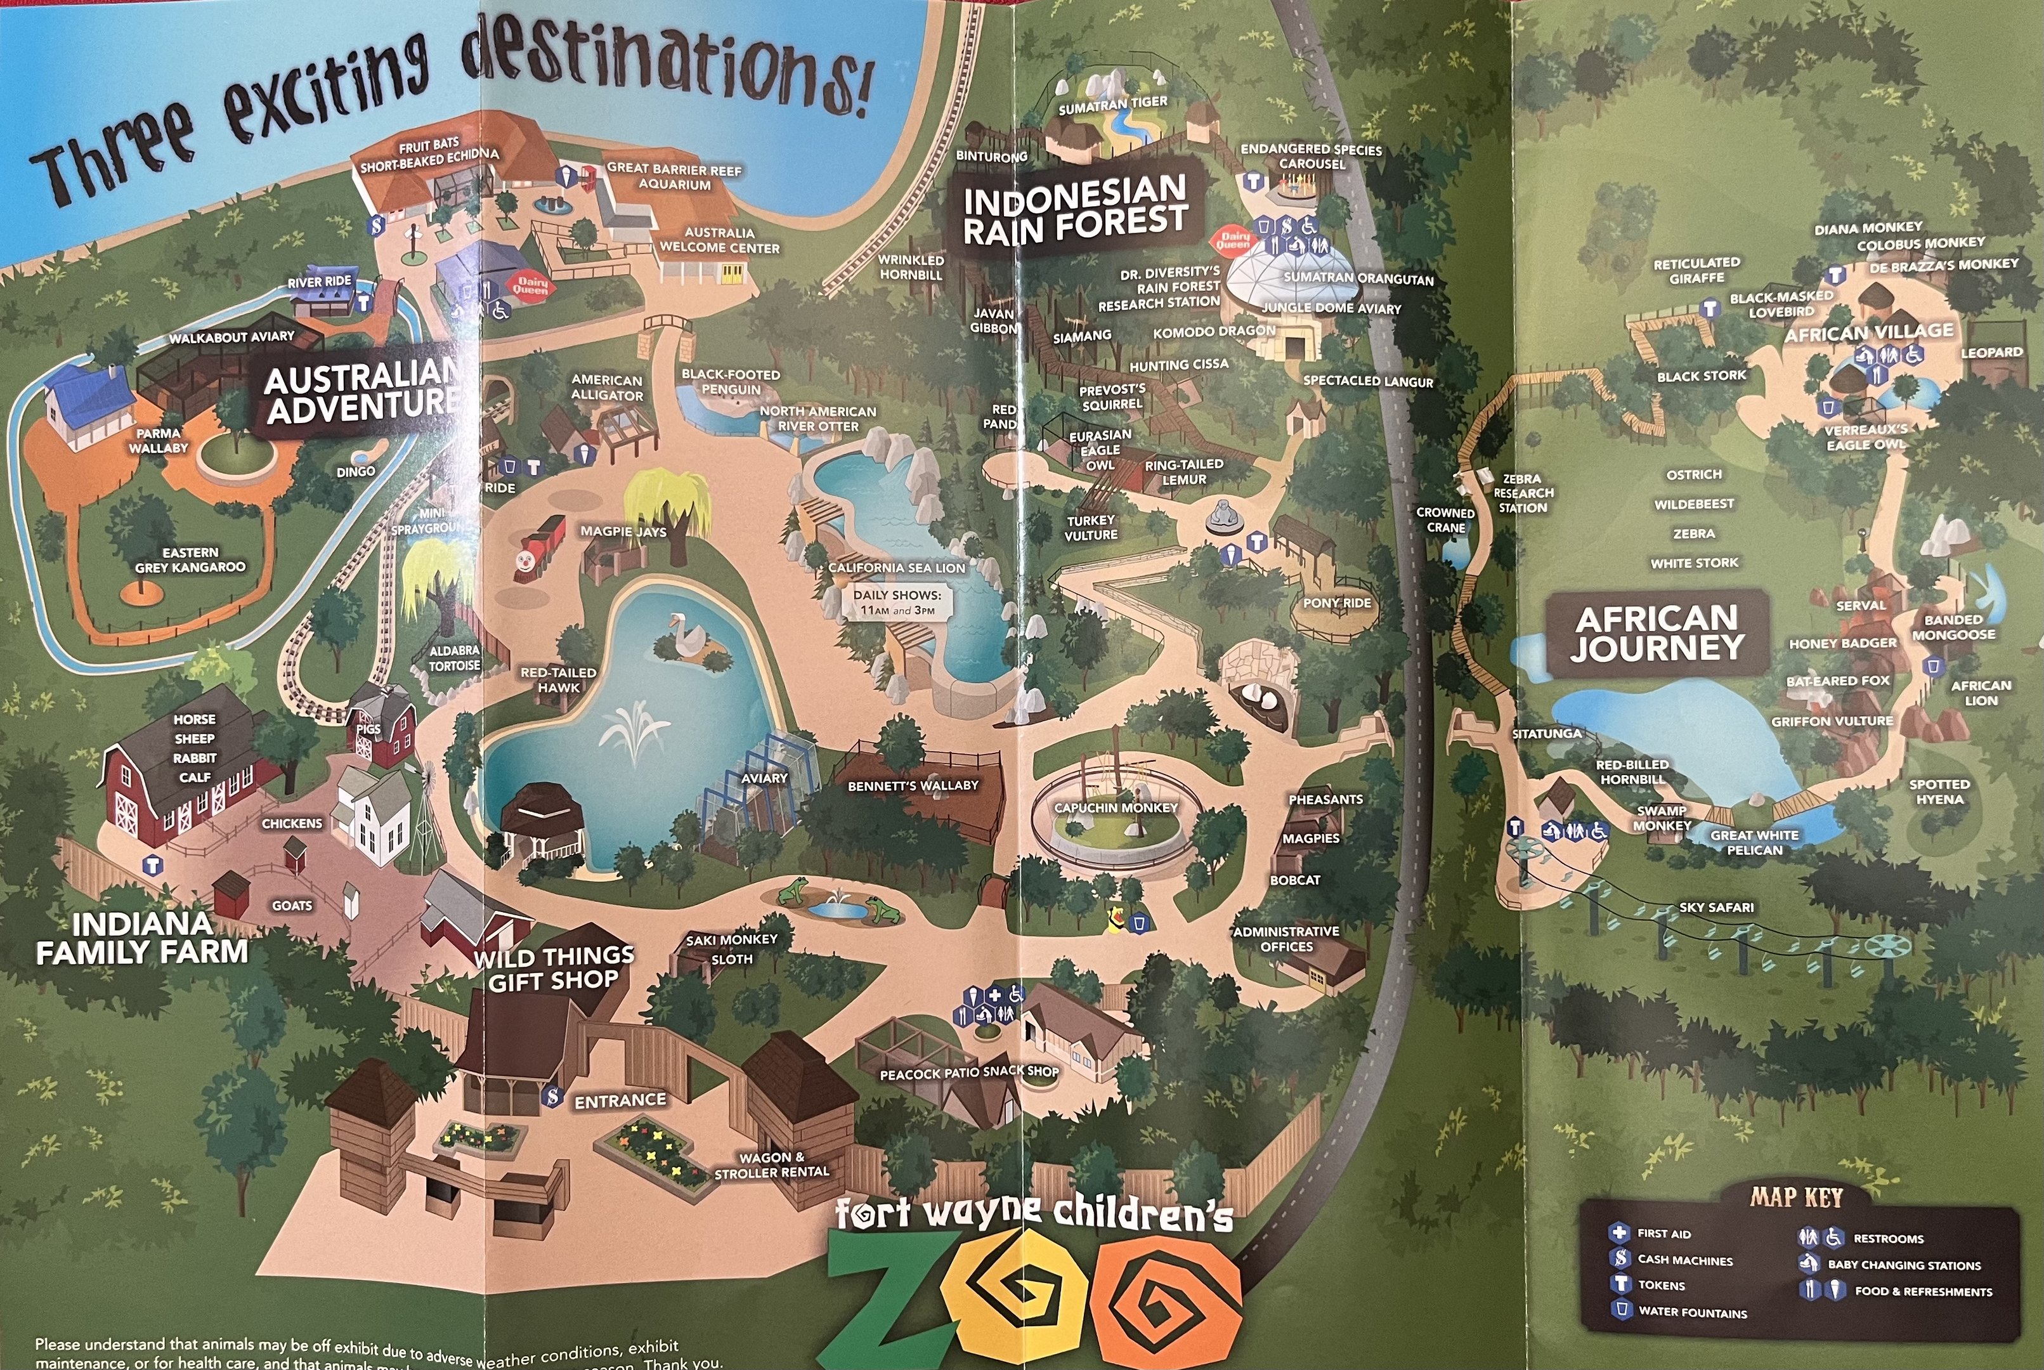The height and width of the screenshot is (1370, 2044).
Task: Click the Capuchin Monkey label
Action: point(1116,807)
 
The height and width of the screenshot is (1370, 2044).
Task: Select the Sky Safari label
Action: point(1715,907)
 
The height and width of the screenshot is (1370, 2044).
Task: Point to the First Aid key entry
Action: point(1662,1233)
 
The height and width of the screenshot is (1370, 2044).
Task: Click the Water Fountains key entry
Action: point(1692,1312)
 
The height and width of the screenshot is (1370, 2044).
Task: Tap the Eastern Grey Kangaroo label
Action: point(190,559)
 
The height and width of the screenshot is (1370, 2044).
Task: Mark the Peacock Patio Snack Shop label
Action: point(968,1072)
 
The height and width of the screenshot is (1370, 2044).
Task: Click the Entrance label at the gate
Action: point(620,1100)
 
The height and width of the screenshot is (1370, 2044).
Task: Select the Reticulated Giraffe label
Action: point(1696,270)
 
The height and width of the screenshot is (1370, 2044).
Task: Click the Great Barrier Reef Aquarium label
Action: point(674,176)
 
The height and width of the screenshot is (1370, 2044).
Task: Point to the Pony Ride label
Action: point(1336,603)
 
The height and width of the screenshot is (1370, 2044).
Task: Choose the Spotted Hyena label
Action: point(1939,792)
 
